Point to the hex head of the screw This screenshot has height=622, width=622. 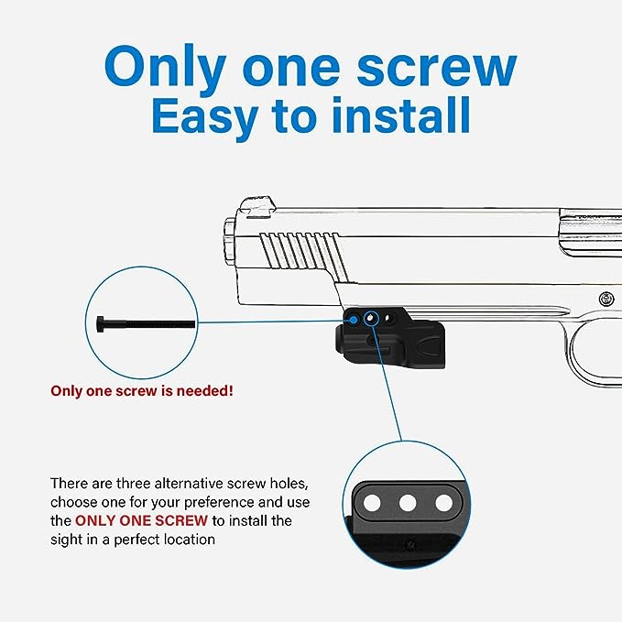pos(102,323)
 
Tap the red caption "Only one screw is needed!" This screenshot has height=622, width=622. pos(141,391)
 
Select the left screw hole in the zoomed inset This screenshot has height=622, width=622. pos(373,502)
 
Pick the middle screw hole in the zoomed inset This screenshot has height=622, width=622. pos(409,502)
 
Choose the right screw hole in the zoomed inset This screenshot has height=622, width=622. pos(443,502)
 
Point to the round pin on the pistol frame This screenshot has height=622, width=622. pos(606,299)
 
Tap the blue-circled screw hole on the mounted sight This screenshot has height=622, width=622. pos(370,317)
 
